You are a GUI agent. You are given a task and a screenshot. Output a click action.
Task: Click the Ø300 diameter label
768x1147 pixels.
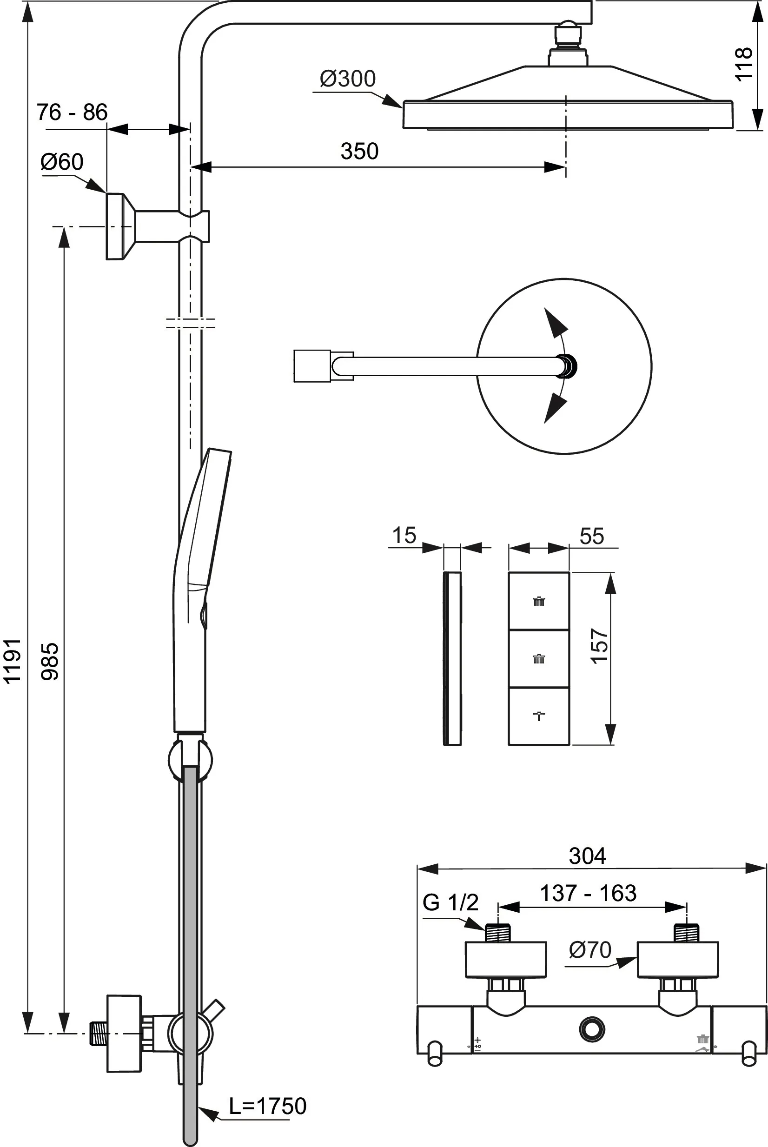(347, 79)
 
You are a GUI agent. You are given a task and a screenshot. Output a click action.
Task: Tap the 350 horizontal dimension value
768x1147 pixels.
(359, 151)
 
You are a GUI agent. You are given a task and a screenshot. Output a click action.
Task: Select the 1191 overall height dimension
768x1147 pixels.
(12, 660)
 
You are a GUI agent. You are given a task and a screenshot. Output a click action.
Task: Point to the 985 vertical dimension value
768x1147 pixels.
(50, 662)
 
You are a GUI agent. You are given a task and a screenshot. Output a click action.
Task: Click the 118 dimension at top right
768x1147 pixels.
(743, 64)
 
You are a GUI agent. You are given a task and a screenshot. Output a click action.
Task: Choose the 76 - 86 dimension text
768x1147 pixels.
(72, 113)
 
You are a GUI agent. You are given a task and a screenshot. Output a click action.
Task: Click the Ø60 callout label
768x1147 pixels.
(62, 162)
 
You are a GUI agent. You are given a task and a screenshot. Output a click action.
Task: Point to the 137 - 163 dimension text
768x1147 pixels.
(588, 893)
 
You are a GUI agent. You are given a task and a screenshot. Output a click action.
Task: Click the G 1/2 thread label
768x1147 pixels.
(450, 902)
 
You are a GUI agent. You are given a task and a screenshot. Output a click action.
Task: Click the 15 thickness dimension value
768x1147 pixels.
(404, 535)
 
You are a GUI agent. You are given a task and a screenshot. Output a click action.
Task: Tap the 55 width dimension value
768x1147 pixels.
(591, 536)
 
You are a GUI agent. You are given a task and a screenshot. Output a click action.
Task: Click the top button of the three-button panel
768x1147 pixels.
(539, 601)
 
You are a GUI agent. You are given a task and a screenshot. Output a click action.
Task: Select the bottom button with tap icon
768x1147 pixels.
(539, 716)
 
